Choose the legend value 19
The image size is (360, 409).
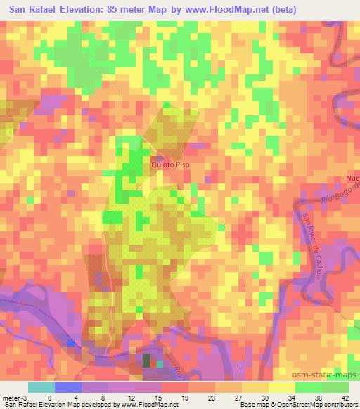(164, 398)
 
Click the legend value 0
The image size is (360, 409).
(49, 398)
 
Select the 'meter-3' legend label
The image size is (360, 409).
(14, 398)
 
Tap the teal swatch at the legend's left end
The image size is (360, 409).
(41, 387)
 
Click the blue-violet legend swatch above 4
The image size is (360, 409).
(67, 387)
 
